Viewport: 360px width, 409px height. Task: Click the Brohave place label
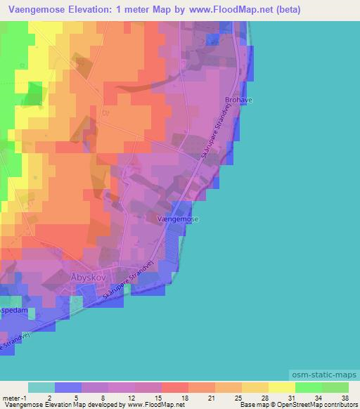(238, 100)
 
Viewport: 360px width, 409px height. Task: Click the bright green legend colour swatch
(308, 387)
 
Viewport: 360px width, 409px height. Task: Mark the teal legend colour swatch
(41, 387)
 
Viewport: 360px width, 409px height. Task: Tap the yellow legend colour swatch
(281, 387)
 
